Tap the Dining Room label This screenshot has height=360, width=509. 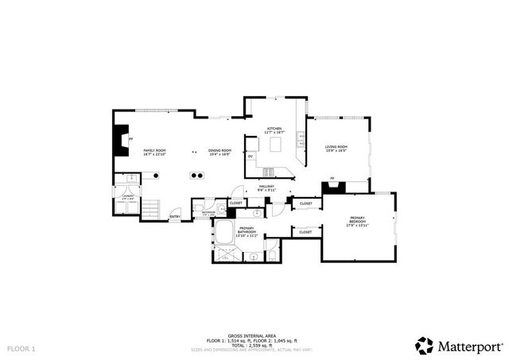220,152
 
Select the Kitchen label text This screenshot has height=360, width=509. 274,130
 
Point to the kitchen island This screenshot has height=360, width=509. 277,145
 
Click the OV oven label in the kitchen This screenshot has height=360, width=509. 251,156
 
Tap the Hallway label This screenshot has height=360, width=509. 266,189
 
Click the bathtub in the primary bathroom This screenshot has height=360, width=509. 223,235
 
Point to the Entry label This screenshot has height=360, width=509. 175,216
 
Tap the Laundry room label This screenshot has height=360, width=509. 127,197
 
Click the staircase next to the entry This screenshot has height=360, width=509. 152,208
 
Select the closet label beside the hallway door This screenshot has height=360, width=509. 236,203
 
